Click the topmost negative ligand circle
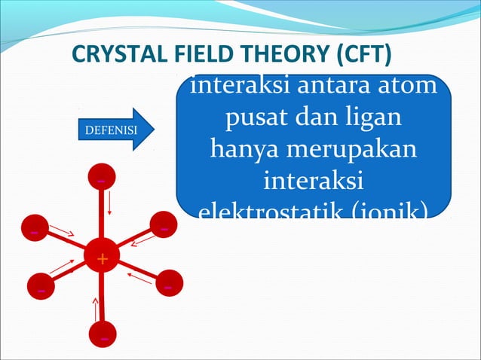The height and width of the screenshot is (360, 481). tap(101, 178)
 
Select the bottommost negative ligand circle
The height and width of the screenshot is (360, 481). tap(103, 337)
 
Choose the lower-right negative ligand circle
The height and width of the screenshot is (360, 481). tap(169, 285)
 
